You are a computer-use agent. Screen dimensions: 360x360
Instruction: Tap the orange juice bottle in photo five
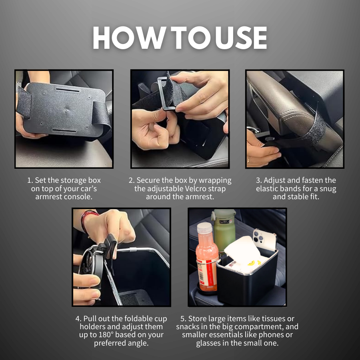[206, 260]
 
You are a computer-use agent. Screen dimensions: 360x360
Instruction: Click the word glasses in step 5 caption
[209, 343]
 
